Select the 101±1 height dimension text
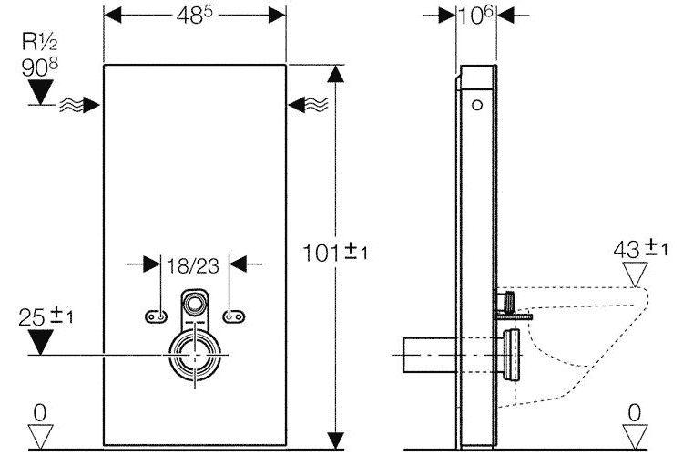[x=334, y=252]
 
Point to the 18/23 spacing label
[x=193, y=265]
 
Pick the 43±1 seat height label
[x=640, y=248]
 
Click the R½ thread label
[x=40, y=42]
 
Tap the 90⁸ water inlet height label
[x=40, y=67]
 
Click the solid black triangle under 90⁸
[x=40, y=92]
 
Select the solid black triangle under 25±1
[x=40, y=342]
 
